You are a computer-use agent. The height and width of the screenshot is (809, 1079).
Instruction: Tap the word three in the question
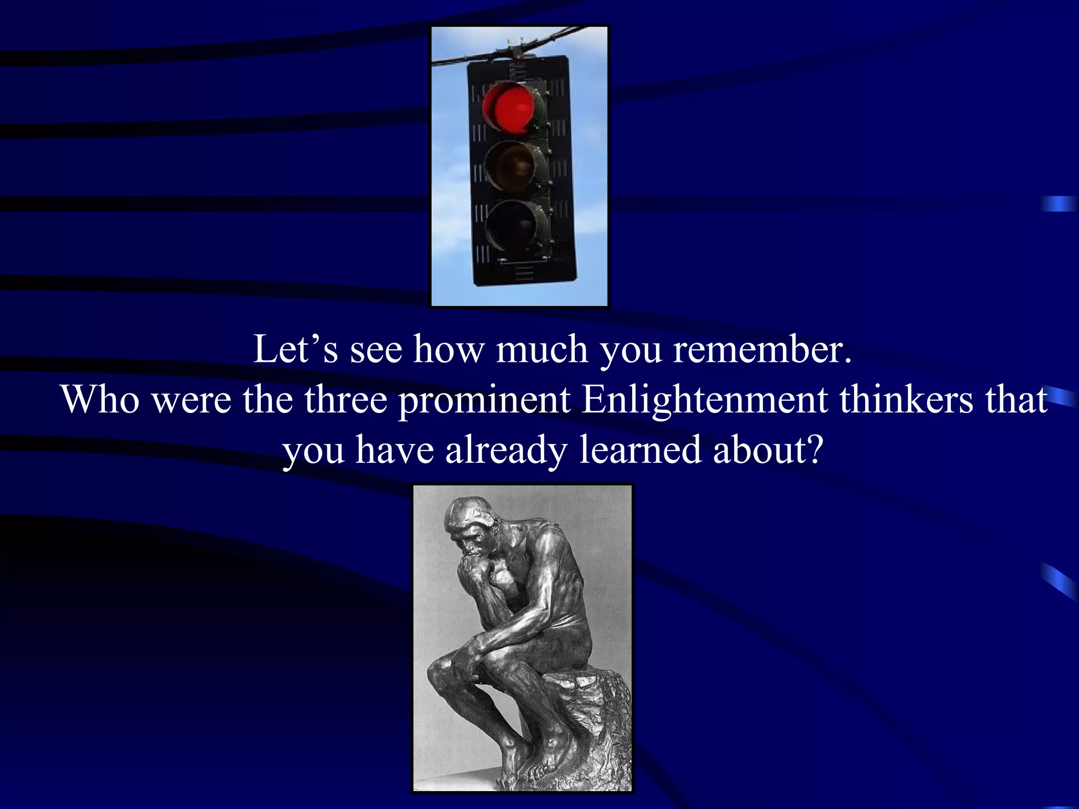coord(346,400)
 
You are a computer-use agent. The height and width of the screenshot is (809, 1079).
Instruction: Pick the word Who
coord(100,400)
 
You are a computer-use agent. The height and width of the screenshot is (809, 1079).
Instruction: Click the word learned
coord(640,450)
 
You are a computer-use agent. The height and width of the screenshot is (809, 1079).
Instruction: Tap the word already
coord(506,450)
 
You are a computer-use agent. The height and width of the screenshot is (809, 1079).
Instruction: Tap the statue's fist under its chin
coord(472,569)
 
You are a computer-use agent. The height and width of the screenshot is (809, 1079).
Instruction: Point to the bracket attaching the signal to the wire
coord(515,50)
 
